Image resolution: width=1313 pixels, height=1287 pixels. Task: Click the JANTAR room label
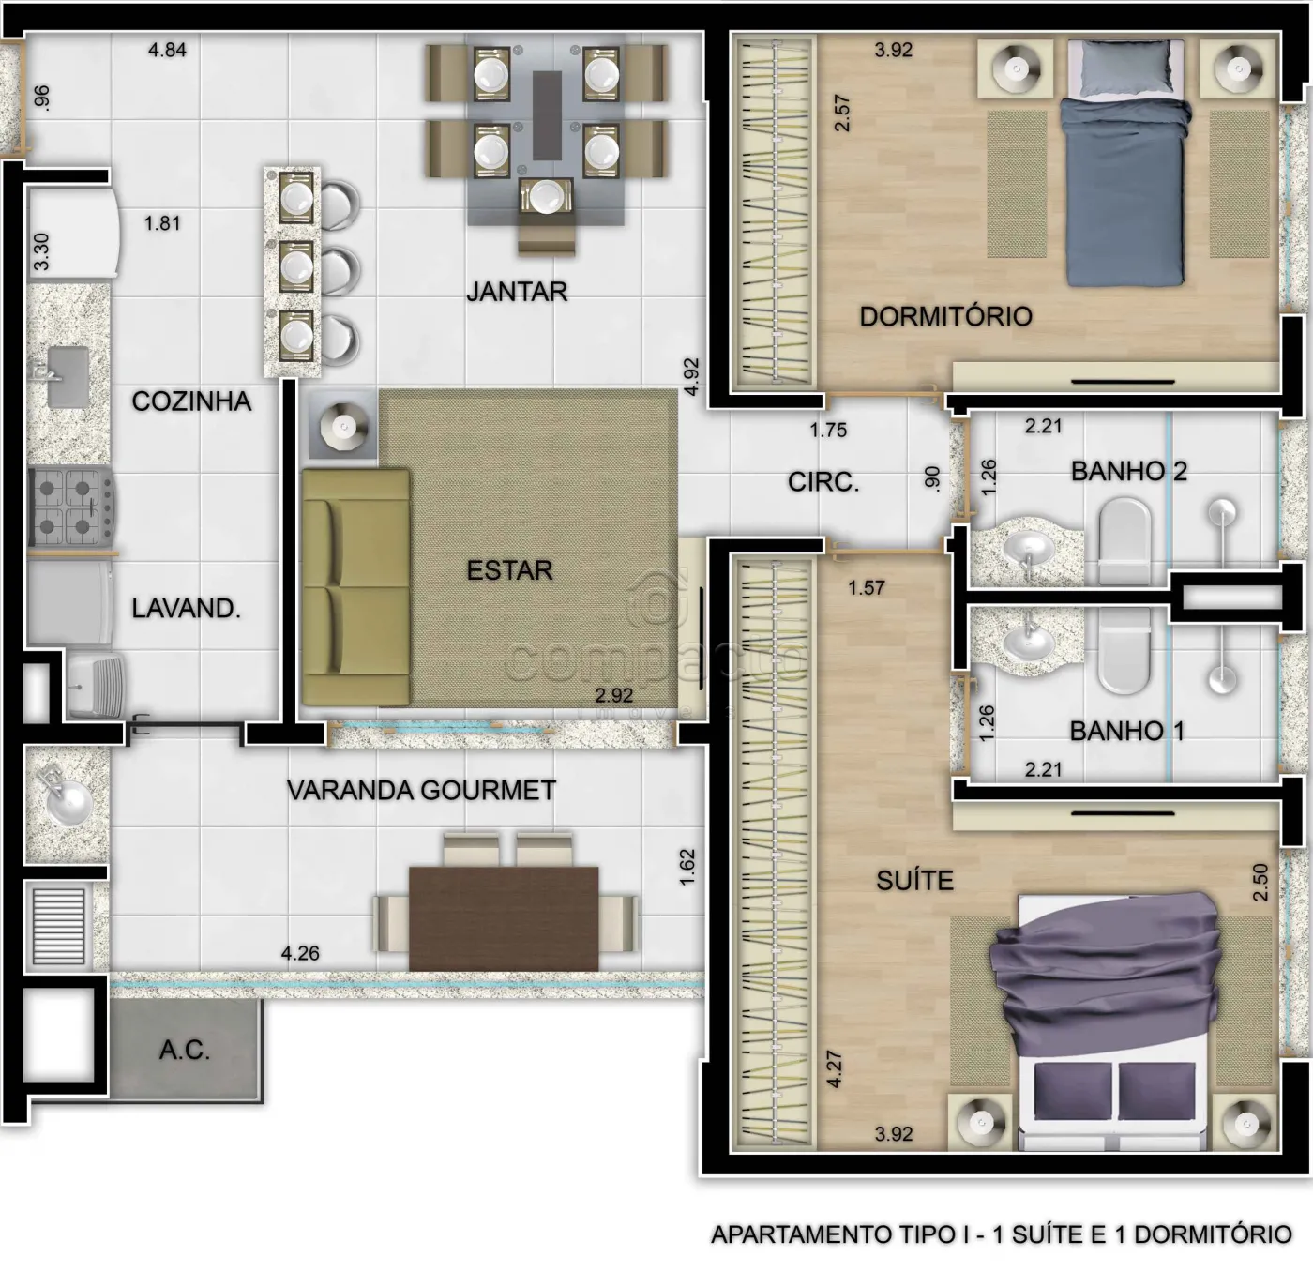517,292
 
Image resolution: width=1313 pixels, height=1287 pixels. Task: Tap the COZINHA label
191,401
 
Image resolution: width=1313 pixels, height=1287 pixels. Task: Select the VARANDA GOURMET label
421,791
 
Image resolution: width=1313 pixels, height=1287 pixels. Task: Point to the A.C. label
184,1051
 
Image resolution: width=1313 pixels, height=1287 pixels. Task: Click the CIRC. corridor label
823,482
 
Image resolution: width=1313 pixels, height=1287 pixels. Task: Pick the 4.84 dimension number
168,50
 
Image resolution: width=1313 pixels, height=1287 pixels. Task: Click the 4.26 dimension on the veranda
300,953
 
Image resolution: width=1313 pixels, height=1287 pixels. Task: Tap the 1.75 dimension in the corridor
828,431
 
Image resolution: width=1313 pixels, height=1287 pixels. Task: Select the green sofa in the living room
355,587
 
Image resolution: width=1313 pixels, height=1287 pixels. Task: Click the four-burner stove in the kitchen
71,507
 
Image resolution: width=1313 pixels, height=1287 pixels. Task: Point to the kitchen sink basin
67,377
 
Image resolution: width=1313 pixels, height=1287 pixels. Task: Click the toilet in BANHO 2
1124,540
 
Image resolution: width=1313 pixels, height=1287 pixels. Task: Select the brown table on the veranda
504,918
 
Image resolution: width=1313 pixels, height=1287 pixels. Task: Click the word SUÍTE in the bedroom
914,881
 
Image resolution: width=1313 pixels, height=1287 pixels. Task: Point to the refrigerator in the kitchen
73,234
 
